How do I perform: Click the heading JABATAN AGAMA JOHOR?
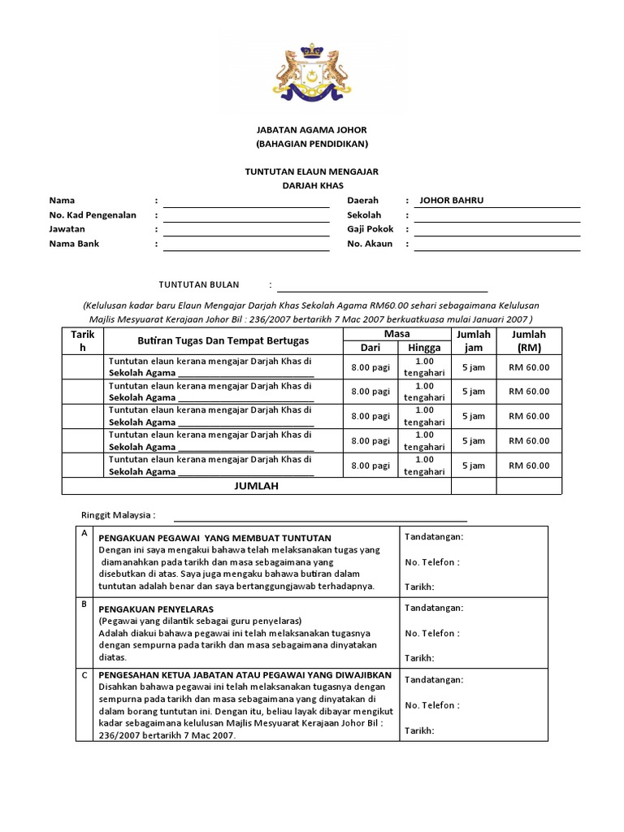point(312,129)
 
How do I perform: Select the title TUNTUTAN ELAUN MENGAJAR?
point(312,171)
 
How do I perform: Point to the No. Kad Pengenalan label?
point(93,215)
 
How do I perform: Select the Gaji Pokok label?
point(370,230)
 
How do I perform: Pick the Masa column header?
point(396,334)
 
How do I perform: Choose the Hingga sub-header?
point(424,348)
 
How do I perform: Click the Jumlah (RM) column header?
point(529,340)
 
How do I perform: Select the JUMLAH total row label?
point(257,486)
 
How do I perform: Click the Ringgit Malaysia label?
point(118,515)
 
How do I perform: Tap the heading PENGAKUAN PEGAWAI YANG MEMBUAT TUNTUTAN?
point(214,538)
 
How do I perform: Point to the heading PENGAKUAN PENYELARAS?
point(156,608)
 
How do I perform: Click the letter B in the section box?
point(84,604)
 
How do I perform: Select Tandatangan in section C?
point(434,680)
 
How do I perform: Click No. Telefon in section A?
point(431,561)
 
